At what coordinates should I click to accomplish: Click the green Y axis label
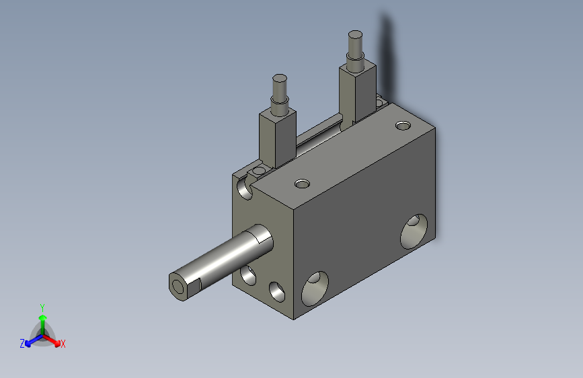42,307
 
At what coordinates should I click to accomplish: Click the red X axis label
63,344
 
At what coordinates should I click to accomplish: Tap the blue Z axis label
22,344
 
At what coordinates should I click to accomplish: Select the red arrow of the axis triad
51,340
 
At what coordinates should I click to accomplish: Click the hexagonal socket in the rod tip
178,287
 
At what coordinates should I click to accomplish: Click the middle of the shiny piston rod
221,262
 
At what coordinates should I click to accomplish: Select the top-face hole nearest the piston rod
302,184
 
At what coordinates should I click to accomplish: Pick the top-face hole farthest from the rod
403,125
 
